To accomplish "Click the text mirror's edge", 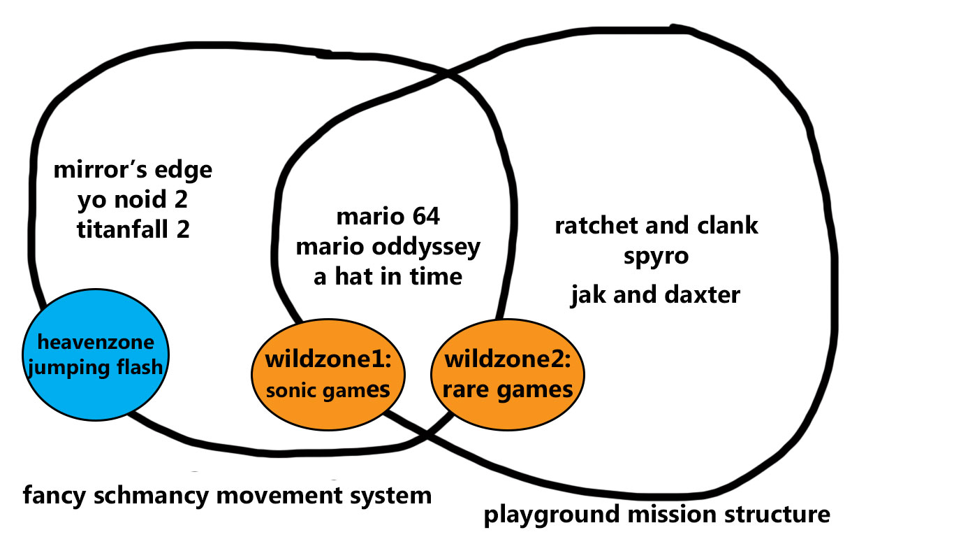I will [x=133, y=170].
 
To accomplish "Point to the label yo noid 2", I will [x=133, y=201].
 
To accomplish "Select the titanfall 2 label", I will [x=133, y=230].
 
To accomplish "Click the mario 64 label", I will [x=388, y=217].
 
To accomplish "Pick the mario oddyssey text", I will [x=388, y=247].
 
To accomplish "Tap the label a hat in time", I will [x=388, y=277].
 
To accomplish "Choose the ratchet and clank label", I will [x=656, y=226].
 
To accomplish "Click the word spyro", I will [x=656, y=256].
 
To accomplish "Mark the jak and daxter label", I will [x=656, y=295].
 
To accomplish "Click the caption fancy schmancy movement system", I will [x=227, y=496].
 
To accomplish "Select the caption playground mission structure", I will [x=657, y=515].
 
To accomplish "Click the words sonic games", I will [x=327, y=390].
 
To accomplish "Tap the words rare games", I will [x=508, y=389].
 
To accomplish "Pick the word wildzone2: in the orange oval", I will [x=508, y=361].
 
